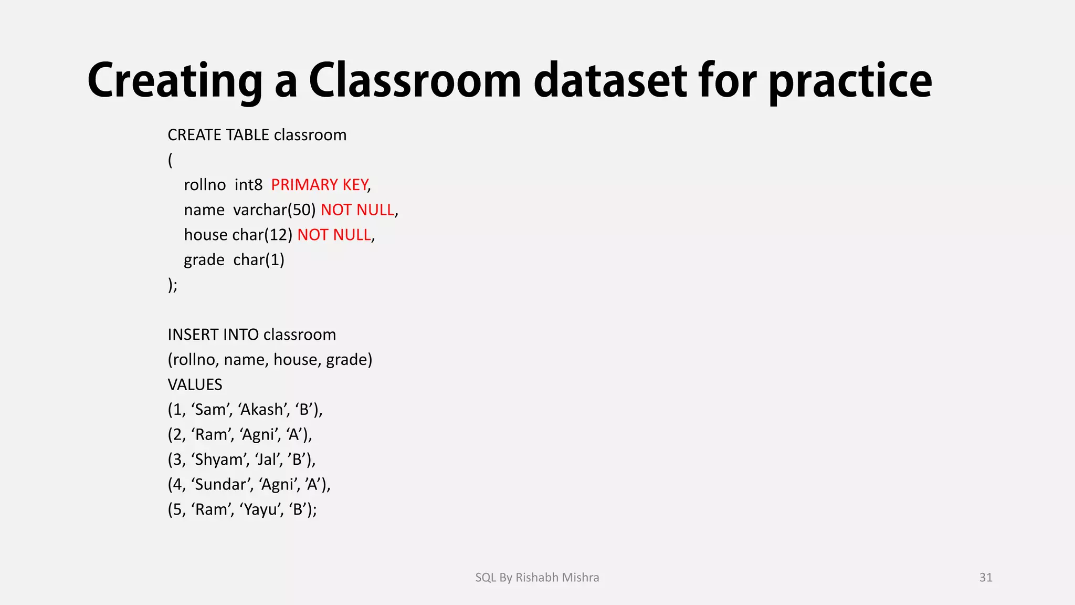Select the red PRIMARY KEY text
tap(319, 185)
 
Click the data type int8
tap(248, 185)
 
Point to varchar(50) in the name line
tap(275, 210)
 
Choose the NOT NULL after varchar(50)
tap(357, 210)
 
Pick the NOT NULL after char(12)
tap(334, 235)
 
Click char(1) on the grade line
tap(259, 260)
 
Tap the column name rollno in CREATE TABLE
tap(205, 185)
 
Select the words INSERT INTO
tap(213, 335)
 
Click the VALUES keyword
tap(195, 384)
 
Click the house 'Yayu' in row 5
tap(259, 509)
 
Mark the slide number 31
tap(986, 578)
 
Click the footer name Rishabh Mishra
tap(557, 578)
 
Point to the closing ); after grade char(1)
tap(173, 285)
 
